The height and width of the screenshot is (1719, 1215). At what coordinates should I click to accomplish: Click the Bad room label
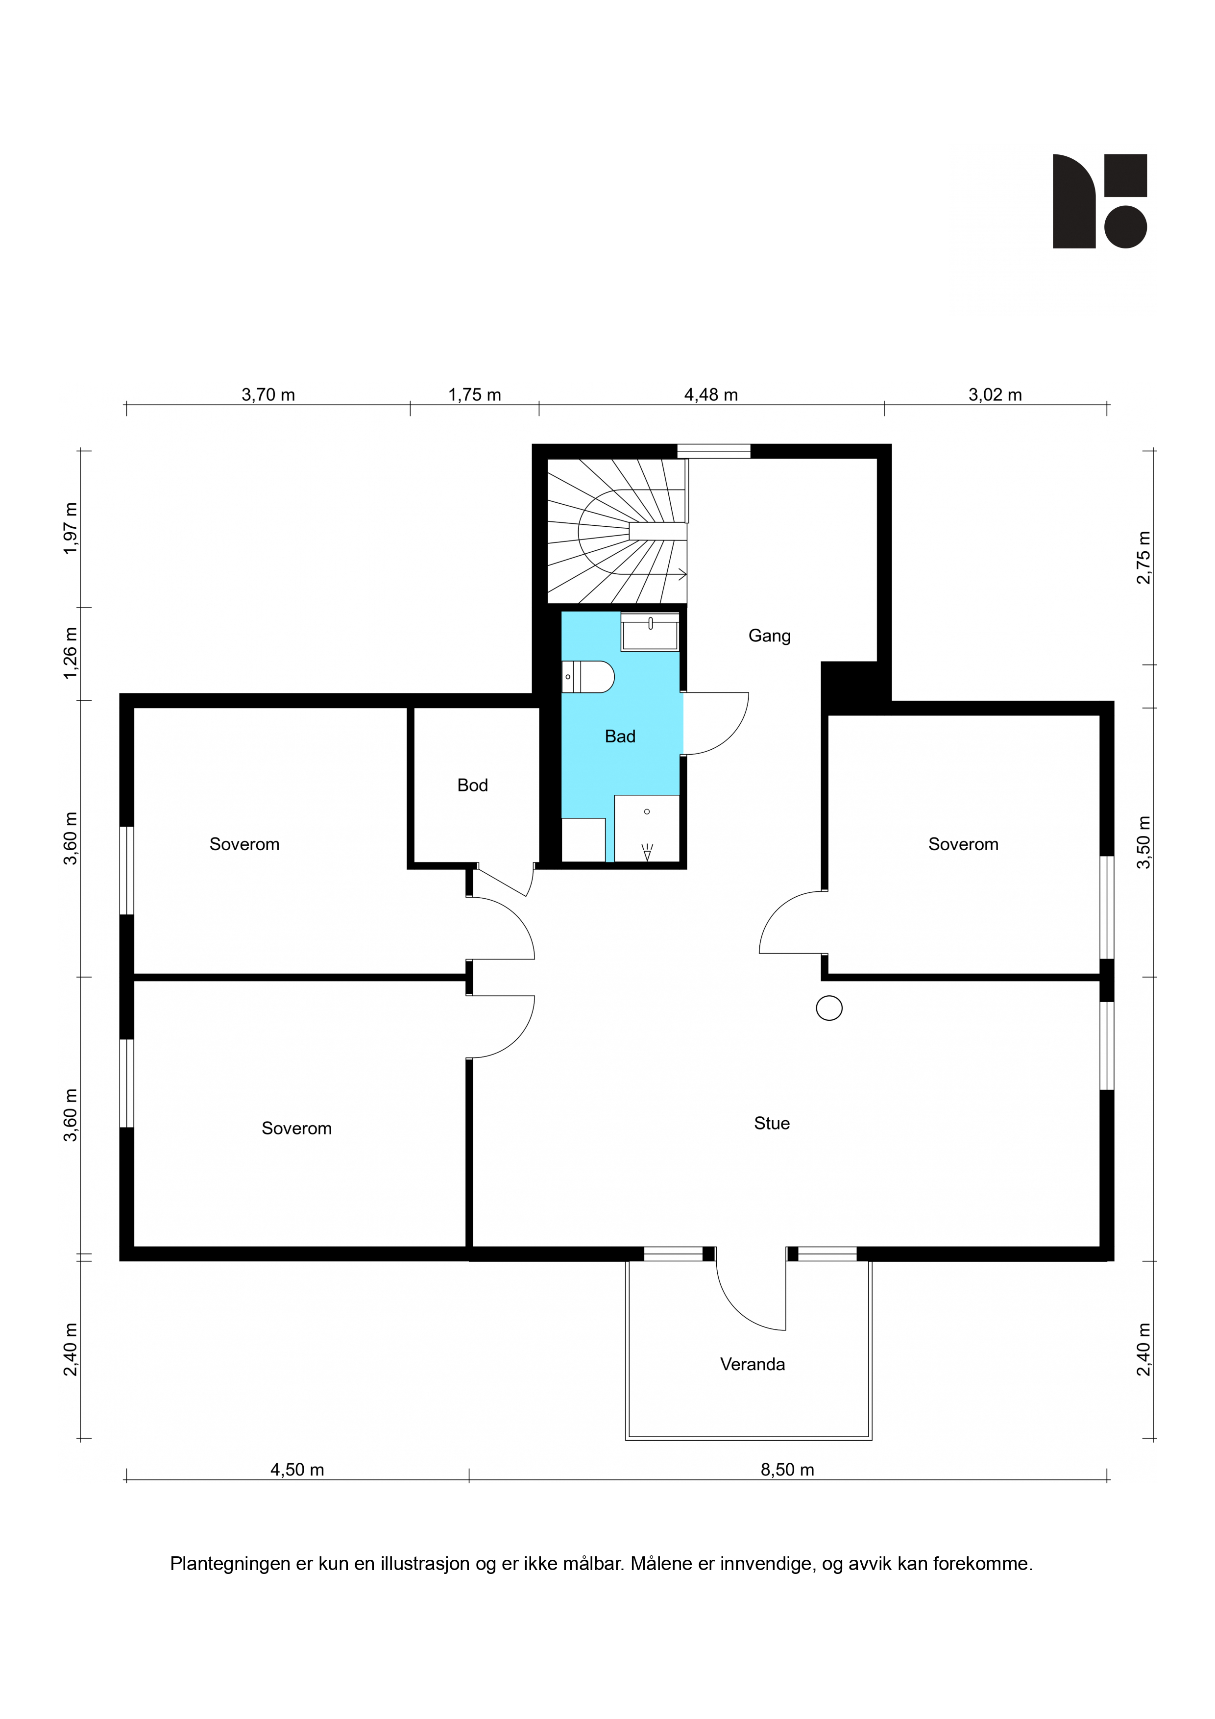point(620,737)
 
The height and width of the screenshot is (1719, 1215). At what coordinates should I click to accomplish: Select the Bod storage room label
point(472,786)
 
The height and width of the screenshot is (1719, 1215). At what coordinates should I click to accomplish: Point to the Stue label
point(772,1123)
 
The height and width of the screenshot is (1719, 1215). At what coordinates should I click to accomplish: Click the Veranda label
point(753,1364)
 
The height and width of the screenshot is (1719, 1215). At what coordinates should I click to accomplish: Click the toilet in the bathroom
point(588,677)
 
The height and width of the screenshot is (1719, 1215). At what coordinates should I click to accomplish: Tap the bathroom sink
point(650,632)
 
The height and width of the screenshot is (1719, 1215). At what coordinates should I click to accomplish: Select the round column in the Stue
point(829,1008)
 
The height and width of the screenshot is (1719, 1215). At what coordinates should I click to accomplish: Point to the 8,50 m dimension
point(787,1470)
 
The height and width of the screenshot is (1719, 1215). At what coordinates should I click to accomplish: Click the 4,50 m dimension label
point(297,1470)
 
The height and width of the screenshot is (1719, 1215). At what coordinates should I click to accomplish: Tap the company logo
point(1100,201)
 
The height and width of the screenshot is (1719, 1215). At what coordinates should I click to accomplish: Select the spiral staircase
point(618,531)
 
